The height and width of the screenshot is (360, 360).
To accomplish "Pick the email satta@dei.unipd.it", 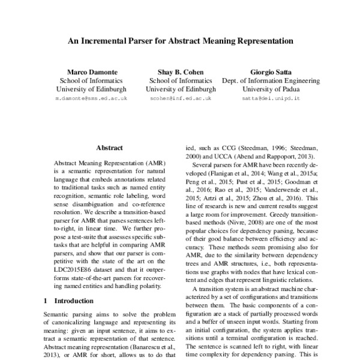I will (269, 97).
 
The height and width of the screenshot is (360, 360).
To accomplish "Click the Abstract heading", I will (109, 148).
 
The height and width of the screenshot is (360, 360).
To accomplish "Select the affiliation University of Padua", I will (269, 88).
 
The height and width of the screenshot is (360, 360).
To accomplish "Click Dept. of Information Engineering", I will (269, 79).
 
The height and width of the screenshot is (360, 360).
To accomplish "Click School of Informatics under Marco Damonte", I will (80, 79).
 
